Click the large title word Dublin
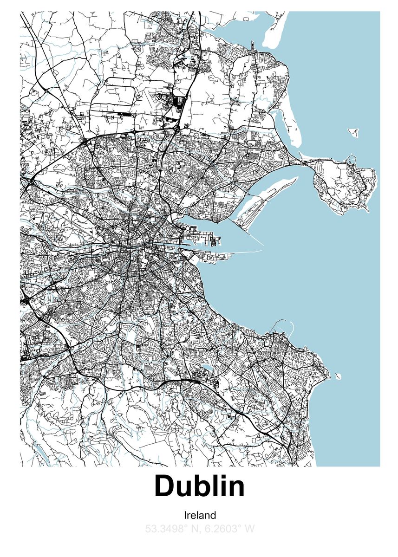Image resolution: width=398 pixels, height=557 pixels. tap(199, 486)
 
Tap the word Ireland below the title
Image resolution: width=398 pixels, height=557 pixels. tap(200, 515)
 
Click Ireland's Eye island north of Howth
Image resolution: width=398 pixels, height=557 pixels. tap(354, 133)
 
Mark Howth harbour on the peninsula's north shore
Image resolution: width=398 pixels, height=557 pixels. tap(349, 162)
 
